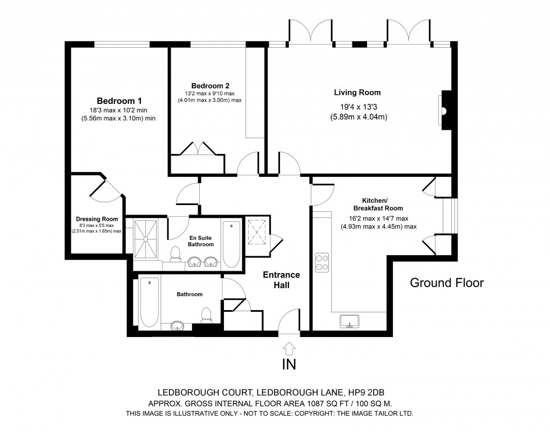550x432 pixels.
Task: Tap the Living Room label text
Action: coord(357,93)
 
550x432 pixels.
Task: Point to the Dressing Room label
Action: coord(97,220)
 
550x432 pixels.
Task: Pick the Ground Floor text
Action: coord(447,283)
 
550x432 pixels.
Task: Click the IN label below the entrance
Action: coord(288,365)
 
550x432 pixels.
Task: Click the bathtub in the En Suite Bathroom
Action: coord(231,245)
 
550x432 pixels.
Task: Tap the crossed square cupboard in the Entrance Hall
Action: coord(256,233)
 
